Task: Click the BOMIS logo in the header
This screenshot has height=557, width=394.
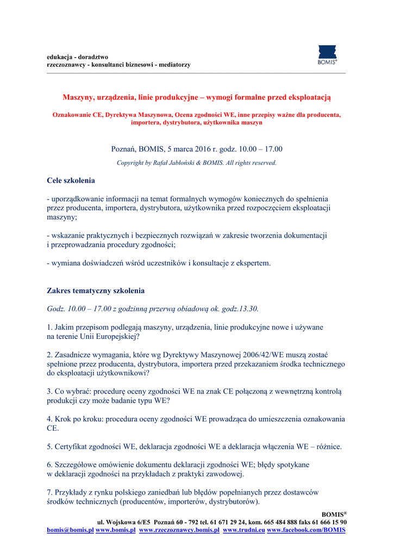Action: click(327, 55)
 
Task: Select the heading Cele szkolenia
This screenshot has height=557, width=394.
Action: click(71, 180)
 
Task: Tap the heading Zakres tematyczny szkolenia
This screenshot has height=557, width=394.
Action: click(96, 291)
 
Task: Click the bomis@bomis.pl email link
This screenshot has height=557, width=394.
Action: click(70, 530)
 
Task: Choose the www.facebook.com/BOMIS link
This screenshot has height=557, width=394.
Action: click(306, 530)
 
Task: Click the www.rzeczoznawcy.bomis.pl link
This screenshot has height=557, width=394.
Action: click(179, 530)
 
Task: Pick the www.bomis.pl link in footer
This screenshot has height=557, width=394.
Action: click(115, 530)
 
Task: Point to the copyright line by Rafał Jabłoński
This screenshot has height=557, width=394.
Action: click(197, 163)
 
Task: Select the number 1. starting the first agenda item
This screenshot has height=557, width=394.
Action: click(49, 327)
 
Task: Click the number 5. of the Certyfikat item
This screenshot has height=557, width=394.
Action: click(49, 447)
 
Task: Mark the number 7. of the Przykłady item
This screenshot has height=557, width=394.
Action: click(49, 492)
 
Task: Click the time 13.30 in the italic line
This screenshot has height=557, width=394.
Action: click(246, 309)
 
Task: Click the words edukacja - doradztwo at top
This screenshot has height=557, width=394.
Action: click(77, 57)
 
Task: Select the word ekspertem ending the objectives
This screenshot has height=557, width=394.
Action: click(251, 263)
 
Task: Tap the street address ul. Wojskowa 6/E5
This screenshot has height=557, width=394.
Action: click(124, 522)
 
